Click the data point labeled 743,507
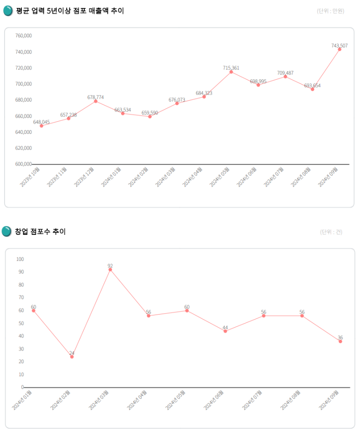pyautogui.click(x=340, y=49)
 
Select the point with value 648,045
pyautogui.click(x=41, y=126)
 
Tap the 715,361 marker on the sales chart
pyautogui.click(x=231, y=72)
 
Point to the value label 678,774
pyautogui.click(x=95, y=97)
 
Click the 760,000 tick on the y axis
pyautogui.click(x=23, y=36)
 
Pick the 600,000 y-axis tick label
pyautogui.click(x=23, y=164)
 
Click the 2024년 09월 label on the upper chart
pyautogui.click(x=328, y=177)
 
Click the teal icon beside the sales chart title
pyautogui.click(x=8, y=11)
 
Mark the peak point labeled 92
pyautogui.click(x=110, y=269)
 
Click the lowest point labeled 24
pyautogui.click(x=72, y=357)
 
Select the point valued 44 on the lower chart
pyautogui.click(x=225, y=331)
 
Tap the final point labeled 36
pyautogui.click(x=340, y=341)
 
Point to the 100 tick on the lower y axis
pyautogui.click(x=20, y=259)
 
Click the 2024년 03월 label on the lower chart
pyautogui.click(x=99, y=400)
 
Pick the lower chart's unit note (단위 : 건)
pyautogui.click(x=331, y=232)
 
